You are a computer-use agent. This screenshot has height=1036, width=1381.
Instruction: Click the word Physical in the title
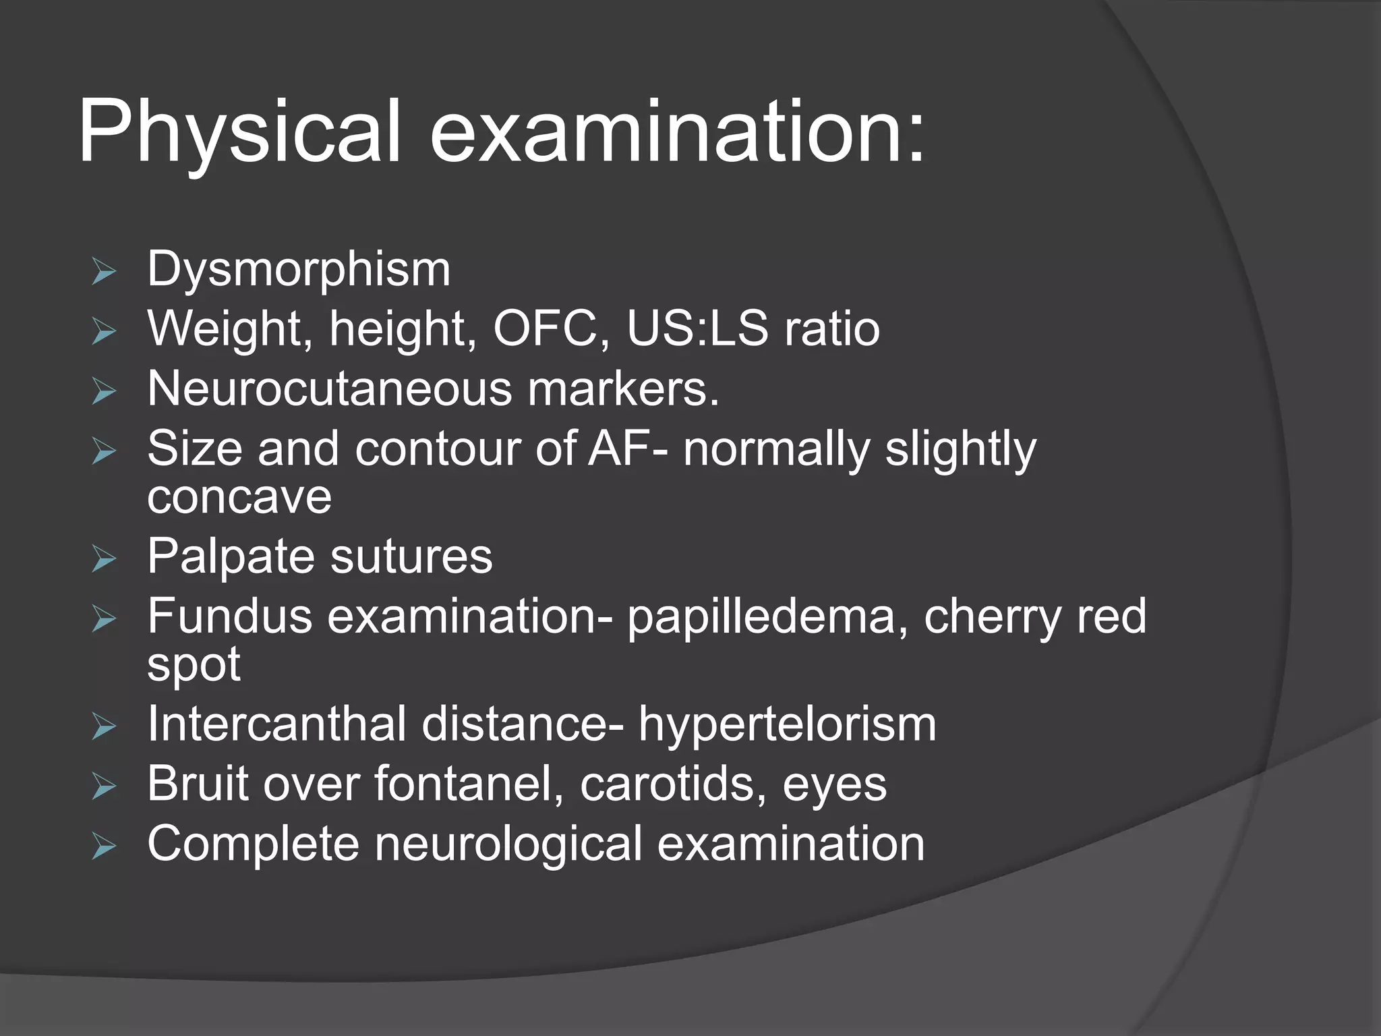239,132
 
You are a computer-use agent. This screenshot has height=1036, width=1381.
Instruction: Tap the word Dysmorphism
299,269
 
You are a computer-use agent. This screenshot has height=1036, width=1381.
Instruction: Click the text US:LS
697,329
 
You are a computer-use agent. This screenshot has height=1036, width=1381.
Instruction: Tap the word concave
239,497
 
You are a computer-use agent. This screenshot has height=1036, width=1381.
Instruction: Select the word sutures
411,556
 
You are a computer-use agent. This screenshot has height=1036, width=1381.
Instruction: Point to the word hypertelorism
788,724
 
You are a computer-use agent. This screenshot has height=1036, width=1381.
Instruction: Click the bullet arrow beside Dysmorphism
104,273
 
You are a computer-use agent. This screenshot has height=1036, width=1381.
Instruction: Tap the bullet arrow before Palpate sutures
104,560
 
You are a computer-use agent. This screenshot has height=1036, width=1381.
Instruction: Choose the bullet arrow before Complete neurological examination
104,848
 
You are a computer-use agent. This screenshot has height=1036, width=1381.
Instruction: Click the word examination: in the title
677,132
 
